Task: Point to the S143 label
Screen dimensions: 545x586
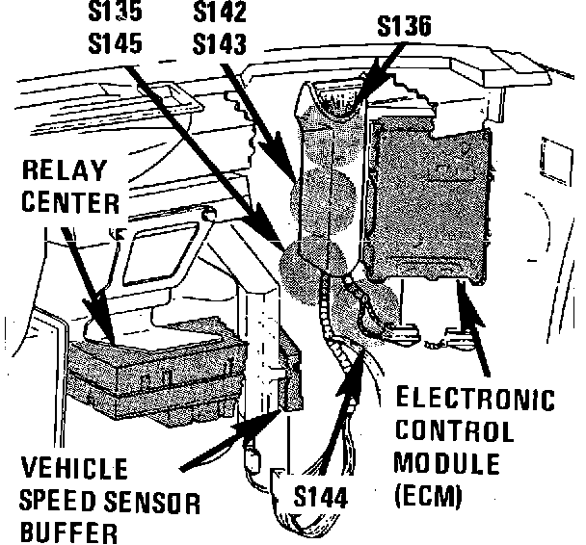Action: tap(219, 43)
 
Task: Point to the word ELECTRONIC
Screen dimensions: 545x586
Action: tap(476, 399)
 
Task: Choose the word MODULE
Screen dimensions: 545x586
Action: tap(447, 464)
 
